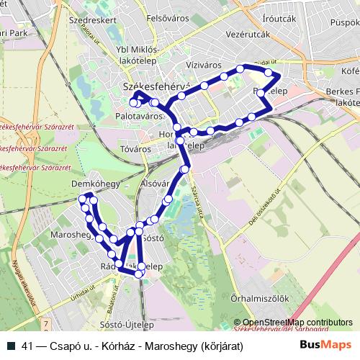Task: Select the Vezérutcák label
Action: click(248, 34)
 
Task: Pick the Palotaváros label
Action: click(138, 114)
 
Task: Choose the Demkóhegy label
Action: click(96, 185)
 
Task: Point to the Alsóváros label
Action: click(155, 184)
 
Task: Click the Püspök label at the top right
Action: click(345, 22)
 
